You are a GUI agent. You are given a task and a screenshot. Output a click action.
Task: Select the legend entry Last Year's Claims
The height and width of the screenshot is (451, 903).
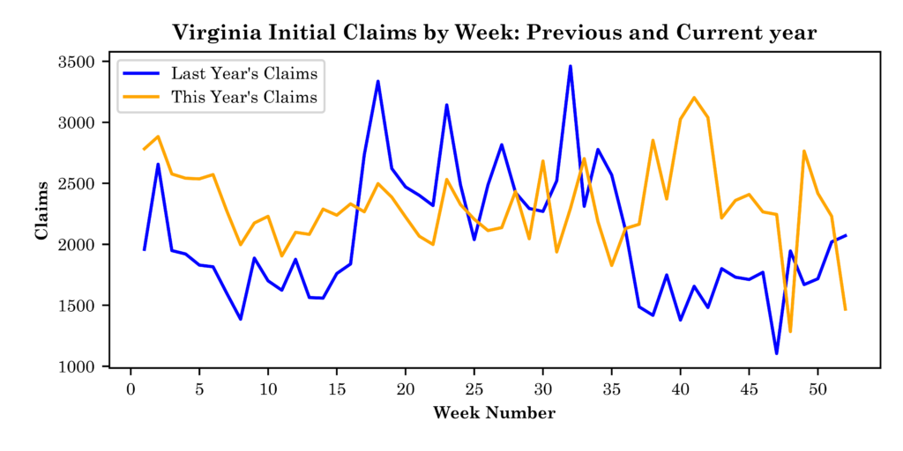pyautogui.click(x=244, y=72)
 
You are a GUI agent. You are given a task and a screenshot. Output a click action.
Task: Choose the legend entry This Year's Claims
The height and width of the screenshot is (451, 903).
pyautogui.click(x=244, y=97)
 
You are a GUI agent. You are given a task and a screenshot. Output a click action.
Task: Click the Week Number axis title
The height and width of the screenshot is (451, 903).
pyautogui.click(x=494, y=413)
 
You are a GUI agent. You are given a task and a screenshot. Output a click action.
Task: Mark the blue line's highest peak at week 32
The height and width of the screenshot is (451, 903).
pyautogui.click(x=571, y=66)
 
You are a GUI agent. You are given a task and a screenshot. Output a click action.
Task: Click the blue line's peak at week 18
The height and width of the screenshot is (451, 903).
pyautogui.click(x=378, y=82)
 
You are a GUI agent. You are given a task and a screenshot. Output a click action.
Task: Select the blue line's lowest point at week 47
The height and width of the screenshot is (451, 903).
pyautogui.click(x=776, y=353)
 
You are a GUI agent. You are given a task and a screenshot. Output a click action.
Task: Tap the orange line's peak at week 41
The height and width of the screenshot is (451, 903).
pyautogui.click(x=694, y=98)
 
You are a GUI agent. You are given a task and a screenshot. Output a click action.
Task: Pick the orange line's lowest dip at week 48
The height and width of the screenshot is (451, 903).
pyautogui.click(x=790, y=331)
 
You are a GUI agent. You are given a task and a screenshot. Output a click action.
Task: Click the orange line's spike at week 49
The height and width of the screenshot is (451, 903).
pyautogui.click(x=804, y=151)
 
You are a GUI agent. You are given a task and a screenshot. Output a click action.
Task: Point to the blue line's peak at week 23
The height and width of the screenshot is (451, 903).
pyautogui.click(x=447, y=105)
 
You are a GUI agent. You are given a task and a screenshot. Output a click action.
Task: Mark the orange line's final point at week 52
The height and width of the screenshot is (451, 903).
pyautogui.click(x=845, y=309)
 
